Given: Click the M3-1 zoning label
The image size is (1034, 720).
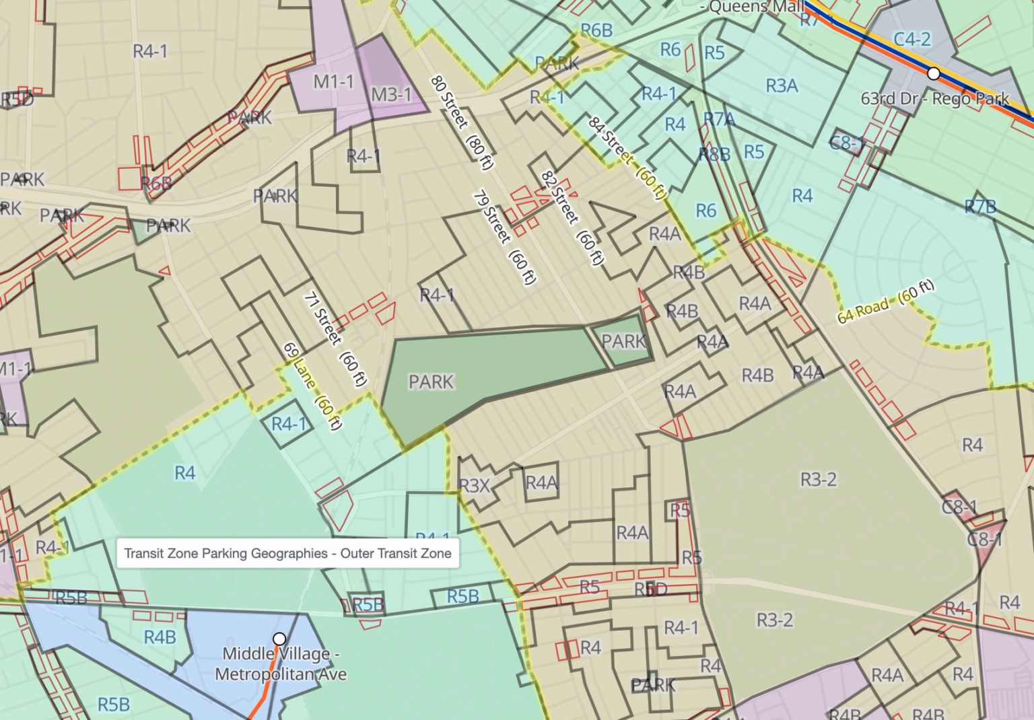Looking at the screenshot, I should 391,94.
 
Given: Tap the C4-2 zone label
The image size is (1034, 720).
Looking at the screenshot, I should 912,40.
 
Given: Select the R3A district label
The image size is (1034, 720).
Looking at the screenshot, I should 782,85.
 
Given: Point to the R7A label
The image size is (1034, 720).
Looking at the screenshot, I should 720,119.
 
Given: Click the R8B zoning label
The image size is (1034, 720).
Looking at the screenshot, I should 714,154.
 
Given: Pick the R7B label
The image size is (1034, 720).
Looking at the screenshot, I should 980,207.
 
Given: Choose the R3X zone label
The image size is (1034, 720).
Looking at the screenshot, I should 475,485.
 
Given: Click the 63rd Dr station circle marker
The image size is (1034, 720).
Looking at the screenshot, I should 933,73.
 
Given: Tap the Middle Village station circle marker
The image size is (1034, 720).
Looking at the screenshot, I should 279,638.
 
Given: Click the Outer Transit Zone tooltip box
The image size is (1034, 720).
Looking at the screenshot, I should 287,554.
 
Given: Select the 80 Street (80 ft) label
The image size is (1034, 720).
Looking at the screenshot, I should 462,122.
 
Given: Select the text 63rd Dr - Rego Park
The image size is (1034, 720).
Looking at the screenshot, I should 934,99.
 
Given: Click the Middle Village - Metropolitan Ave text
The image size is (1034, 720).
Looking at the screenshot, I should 281,664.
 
